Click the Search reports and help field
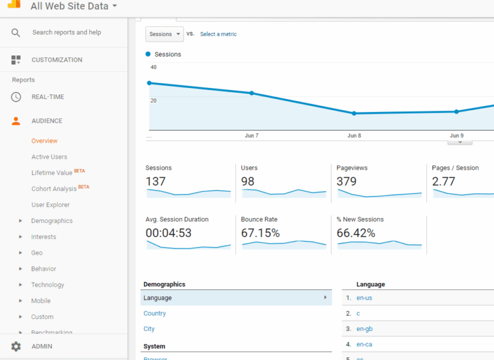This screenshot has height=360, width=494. pyautogui.click(x=66, y=32)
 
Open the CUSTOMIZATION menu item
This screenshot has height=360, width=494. pyautogui.click(x=57, y=60)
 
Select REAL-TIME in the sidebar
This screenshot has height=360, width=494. pyautogui.click(x=48, y=97)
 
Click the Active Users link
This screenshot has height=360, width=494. pyautogui.click(x=49, y=157)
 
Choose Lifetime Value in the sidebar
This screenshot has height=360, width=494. pyautogui.click(x=52, y=173)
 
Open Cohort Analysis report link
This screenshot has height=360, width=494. pyautogui.click(x=54, y=189)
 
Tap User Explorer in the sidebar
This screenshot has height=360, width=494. pyautogui.click(x=50, y=205)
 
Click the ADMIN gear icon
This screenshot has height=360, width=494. pyautogui.click(x=16, y=346)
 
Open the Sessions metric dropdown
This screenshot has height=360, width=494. pyautogui.click(x=164, y=34)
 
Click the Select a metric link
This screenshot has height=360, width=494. pyautogui.click(x=218, y=34)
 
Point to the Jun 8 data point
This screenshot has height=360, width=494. pyautogui.click(x=354, y=113)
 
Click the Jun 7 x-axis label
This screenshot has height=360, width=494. pyautogui.click(x=252, y=136)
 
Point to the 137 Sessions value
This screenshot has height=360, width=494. pyautogui.click(x=156, y=181)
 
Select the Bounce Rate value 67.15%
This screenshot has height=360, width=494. pyautogui.click(x=260, y=233)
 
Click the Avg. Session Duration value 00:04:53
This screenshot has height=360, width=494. pyautogui.click(x=168, y=233)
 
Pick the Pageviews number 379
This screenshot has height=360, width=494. pyautogui.click(x=347, y=181)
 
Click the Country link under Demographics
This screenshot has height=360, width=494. pyautogui.click(x=154, y=314)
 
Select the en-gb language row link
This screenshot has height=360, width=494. pyautogui.click(x=364, y=329)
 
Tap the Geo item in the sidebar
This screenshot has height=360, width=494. pyautogui.click(x=37, y=253)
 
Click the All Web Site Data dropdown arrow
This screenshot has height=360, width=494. pyautogui.click(x=114, y=6)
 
